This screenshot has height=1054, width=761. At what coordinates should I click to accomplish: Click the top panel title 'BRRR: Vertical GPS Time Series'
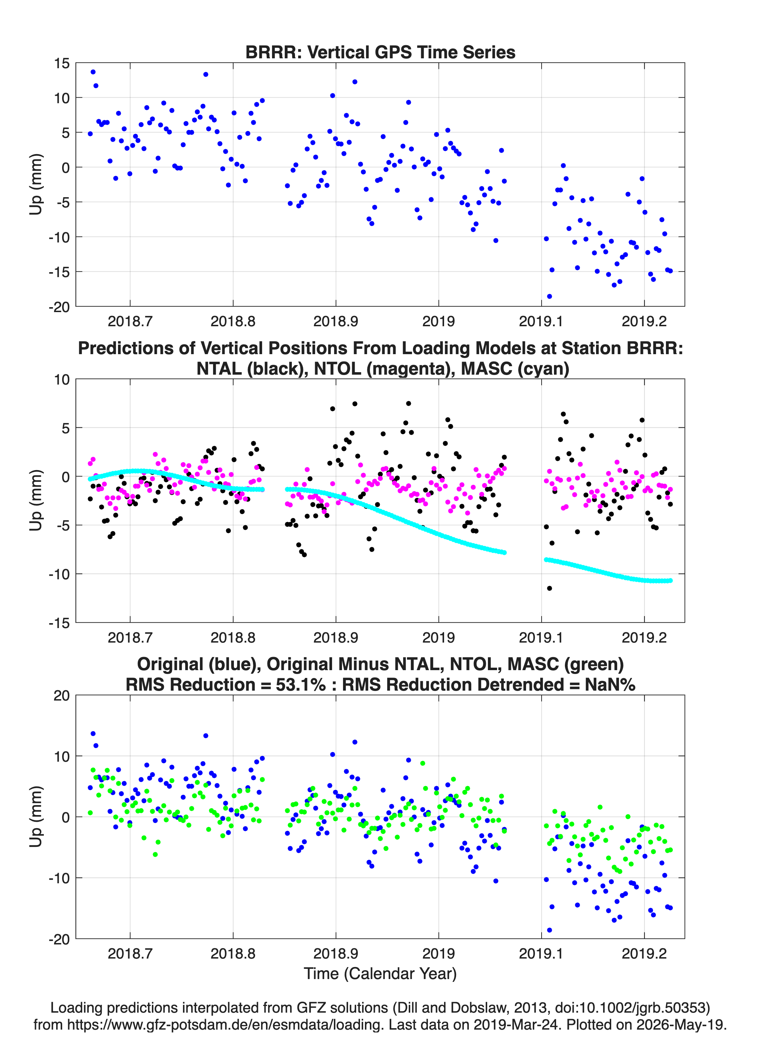point(380,52)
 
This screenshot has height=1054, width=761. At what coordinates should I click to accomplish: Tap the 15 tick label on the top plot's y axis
point(61,63)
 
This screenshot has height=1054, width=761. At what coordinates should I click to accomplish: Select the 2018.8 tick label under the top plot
point(233,321)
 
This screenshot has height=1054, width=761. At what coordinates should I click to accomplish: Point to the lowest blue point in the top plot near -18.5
point(549,296)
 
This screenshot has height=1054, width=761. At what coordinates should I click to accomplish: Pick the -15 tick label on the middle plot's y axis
point(59,623)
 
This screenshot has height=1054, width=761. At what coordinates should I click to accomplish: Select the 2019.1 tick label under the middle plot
point(541,637)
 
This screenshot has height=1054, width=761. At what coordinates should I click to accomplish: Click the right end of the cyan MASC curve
point(671,580)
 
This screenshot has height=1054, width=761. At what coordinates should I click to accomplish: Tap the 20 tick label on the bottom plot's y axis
point(61,696)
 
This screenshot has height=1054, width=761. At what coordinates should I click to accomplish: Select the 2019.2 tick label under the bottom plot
point(644,953)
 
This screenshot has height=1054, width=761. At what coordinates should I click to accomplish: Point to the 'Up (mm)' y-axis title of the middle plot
point(36,500)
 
